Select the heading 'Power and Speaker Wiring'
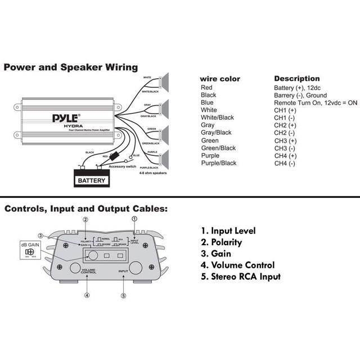point(70,67)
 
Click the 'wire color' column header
point(220,79)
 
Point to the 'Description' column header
point(296,79)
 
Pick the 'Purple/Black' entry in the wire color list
point(218,163)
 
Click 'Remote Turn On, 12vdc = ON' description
point(316,103)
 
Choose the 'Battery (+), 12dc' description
point(296,88)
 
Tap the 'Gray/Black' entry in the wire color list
point(216,133)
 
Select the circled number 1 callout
point(134,218)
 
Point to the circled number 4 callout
point(87,295)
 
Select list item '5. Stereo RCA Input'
point(240,276)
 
